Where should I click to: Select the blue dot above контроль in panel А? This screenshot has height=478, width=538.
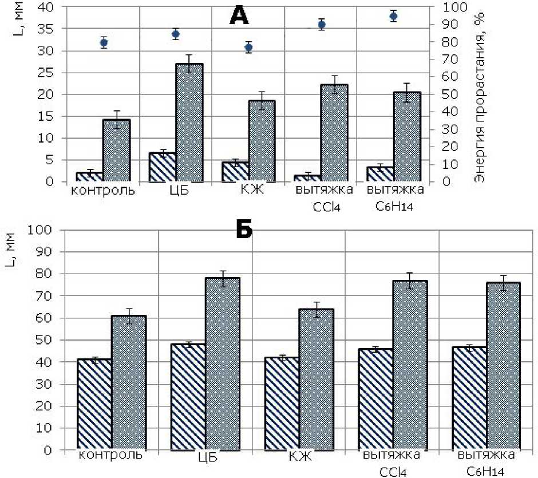[104, 42]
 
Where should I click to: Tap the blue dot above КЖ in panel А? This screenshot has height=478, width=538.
[248, 48]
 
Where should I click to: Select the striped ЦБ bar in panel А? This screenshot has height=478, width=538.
[162, 167]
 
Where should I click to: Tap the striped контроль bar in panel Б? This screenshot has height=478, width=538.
[94, 404]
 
